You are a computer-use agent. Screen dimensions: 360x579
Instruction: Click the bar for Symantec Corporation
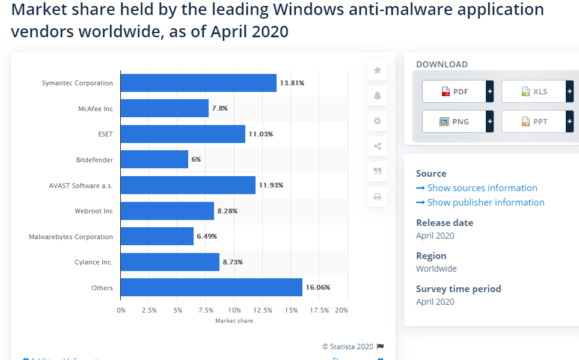(x=198, y=83)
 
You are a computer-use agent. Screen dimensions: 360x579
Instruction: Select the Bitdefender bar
(x=155, y=159)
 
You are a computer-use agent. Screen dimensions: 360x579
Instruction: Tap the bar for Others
(x=211, y=287)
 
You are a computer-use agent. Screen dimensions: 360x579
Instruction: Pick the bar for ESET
(x=183, y=134)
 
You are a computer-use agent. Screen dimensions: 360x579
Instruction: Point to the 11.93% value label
(x=271, y=185)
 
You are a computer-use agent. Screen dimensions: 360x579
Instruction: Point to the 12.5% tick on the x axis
(x=263, y=310)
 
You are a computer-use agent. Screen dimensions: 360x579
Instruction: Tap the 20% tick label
(x=342, y=310)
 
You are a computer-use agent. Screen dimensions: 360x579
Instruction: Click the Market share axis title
(x=234, y=321)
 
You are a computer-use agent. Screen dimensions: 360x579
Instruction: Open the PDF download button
(x=454, y=91)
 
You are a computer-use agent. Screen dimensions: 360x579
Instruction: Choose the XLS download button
(x=533, y=91)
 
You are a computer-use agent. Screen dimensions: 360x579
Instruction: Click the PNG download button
(x=454, y=121)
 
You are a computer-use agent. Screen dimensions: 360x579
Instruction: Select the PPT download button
(x=533, y=121)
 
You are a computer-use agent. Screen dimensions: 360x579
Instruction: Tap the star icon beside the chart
(x=377, y=70)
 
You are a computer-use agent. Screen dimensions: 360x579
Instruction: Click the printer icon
(x=377, y=197)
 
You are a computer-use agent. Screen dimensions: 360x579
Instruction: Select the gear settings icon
(x=377, y=121)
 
